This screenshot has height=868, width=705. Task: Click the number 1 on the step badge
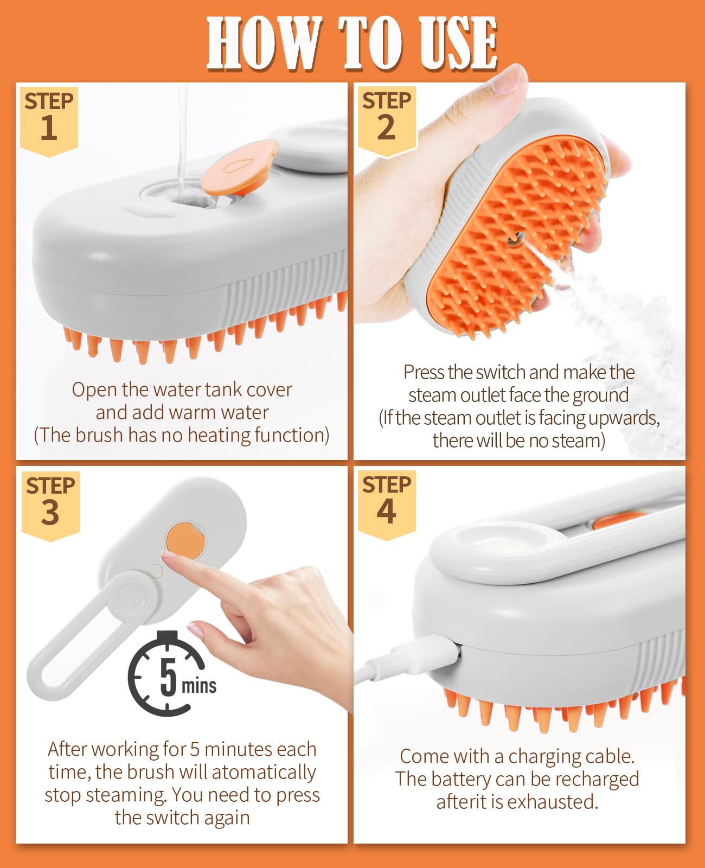point(49,128)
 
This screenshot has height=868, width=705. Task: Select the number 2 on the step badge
point(386,128)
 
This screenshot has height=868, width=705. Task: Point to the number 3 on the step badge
point(50,513)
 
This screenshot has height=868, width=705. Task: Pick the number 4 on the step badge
point(386,512)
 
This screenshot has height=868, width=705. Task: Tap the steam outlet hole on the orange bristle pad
point(514,238)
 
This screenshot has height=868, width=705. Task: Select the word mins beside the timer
point(199,686)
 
